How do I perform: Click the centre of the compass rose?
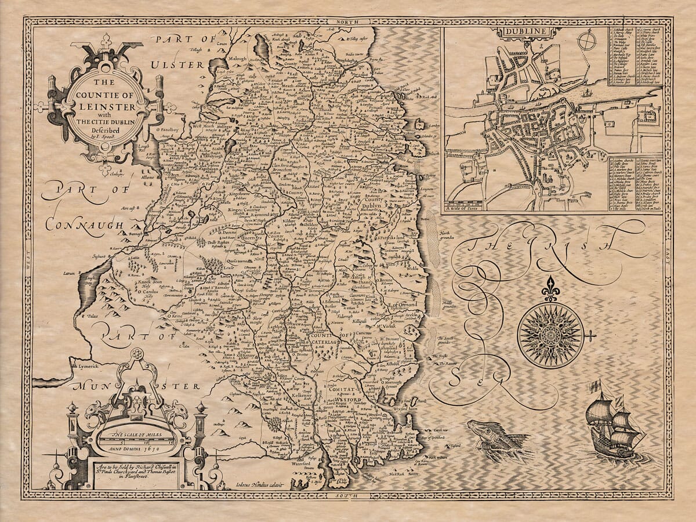[550, 335]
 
